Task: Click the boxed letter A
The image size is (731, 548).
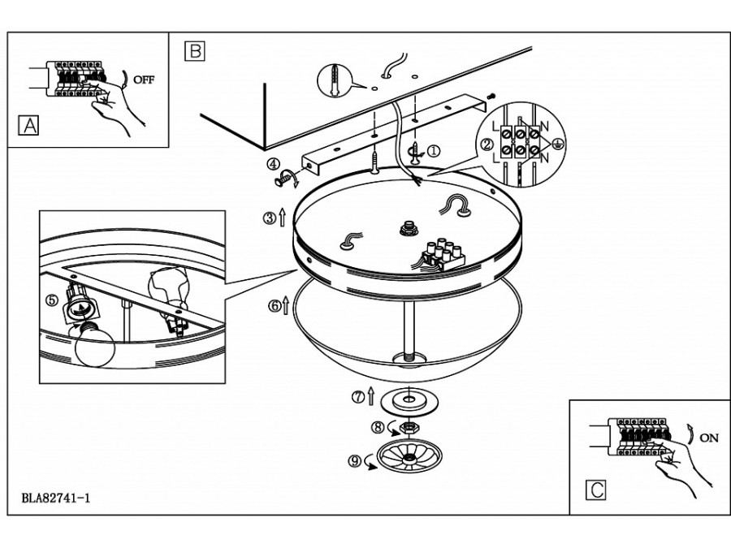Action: [28, 126]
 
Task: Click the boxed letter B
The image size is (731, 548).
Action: [194, 50]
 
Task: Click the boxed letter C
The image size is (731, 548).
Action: [595, 490]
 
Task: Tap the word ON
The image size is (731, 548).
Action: [708, 438]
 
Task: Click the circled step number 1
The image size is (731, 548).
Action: [434, 150]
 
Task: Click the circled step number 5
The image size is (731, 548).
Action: [51, 300]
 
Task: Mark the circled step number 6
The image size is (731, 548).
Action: [275, 306]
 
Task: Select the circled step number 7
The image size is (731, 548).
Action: [357, 397]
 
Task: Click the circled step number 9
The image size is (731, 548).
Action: [354, 461]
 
